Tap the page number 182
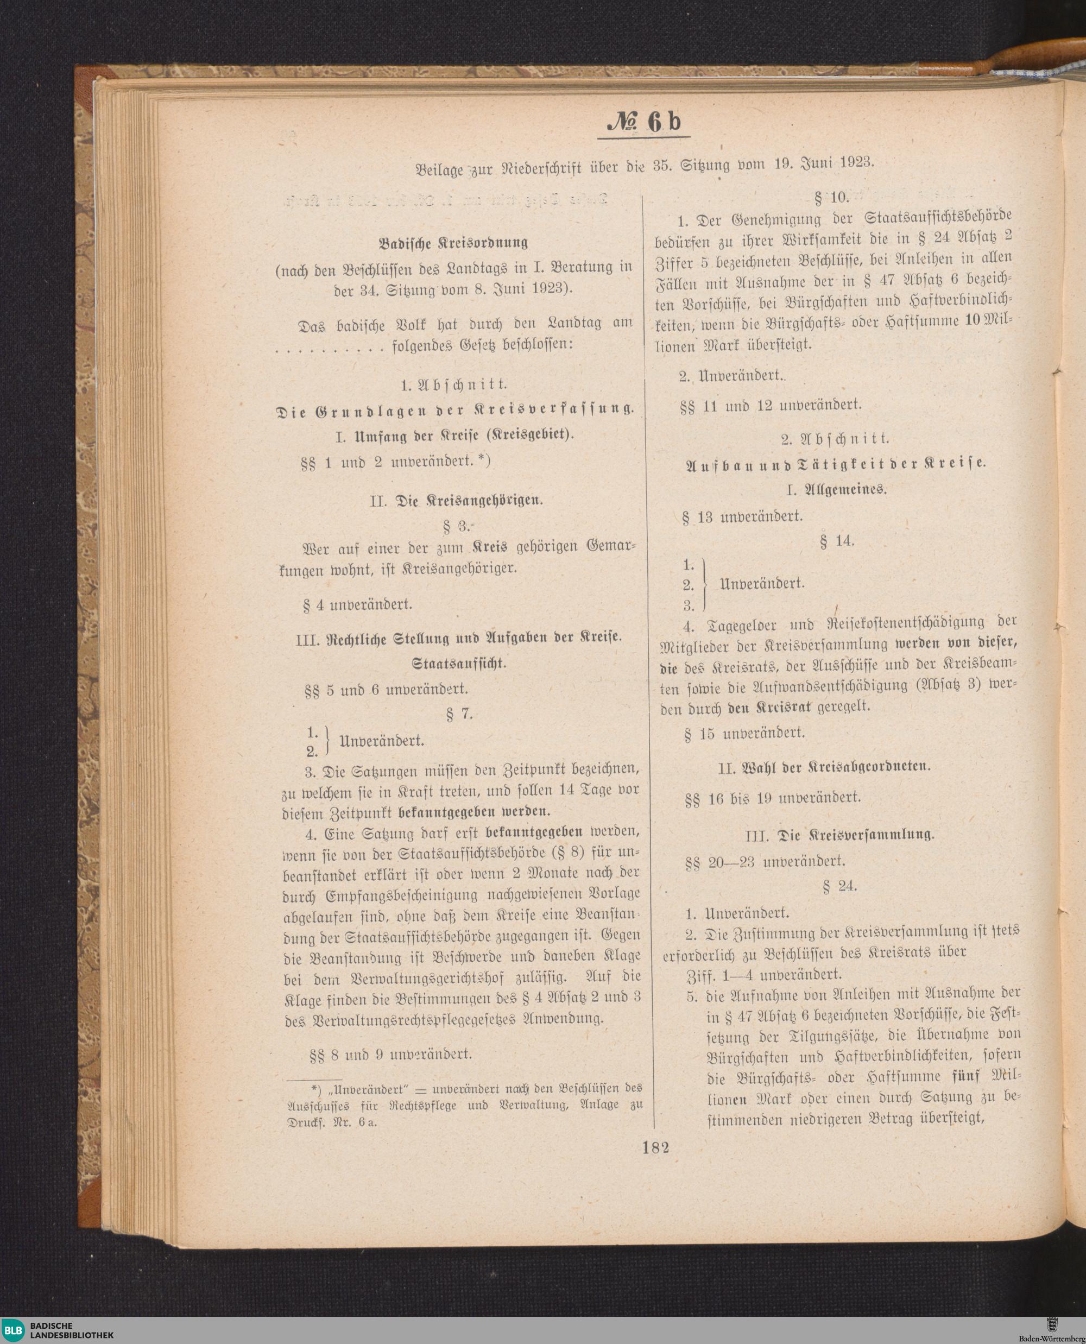[655, 1147]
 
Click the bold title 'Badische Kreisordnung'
[453, 242]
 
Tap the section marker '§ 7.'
[459, 714]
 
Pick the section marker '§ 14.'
[837, 542]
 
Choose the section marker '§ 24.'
[839, 886]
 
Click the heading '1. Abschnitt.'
[455, 383]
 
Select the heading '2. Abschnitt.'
[835, 439]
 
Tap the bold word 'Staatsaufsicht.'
[458, 663]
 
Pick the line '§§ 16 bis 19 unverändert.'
[773, 798]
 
